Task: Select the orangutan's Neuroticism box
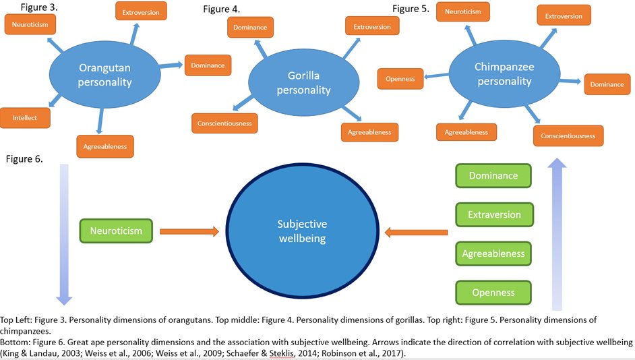point(30,25)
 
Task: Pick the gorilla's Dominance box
point(250,28)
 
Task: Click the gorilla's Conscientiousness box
point(224,123)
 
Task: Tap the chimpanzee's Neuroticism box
point(462,12)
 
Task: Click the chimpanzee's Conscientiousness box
point(568,136)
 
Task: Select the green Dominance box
point(493,175)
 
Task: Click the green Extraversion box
point(493,214)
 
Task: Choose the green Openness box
point(493,293)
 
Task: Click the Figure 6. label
point(24,160)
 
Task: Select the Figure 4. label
point(221,9)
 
